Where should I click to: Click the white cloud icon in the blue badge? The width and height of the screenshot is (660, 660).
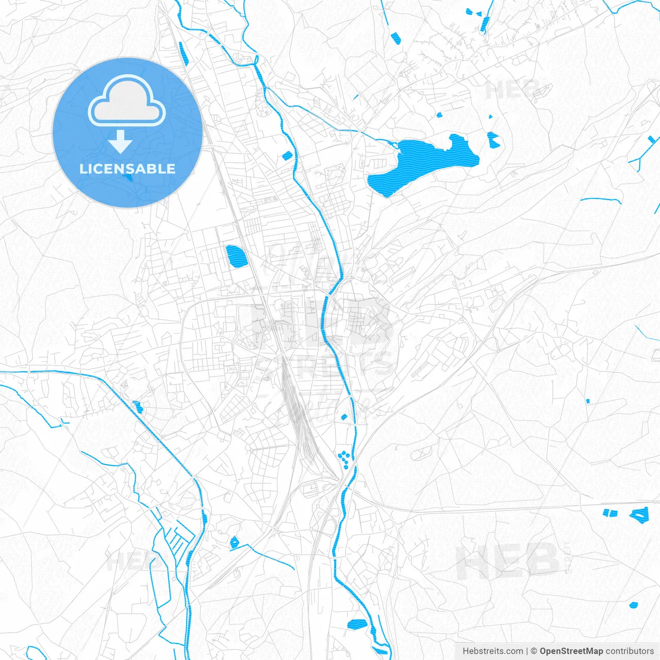click(127, 101)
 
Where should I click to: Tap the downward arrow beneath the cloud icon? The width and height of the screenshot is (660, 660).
click(120, 142)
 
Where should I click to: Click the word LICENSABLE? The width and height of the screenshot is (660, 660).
click(127, 169)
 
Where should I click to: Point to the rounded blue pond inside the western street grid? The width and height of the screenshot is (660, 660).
click(236, 256)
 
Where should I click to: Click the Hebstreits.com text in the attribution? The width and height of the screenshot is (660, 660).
click(492, 651)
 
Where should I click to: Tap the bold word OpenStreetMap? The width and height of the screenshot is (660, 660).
click(571, 651)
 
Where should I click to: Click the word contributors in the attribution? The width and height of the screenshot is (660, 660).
click(630, 651)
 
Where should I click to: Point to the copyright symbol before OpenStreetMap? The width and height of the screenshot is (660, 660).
click(534, 651)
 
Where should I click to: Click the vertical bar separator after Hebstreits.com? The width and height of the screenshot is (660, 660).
click(527, 651)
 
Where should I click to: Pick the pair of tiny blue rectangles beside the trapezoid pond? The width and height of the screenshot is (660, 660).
click(610, 513)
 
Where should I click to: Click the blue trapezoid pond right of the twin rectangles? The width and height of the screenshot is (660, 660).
click(640, 515)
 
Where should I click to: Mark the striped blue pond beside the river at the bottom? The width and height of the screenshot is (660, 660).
click(357, 624)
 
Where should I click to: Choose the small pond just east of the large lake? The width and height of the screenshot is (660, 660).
click(493, 138)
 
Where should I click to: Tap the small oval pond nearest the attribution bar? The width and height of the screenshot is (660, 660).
click(634, 605)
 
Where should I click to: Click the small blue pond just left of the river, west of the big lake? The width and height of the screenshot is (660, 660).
click(287, 155)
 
